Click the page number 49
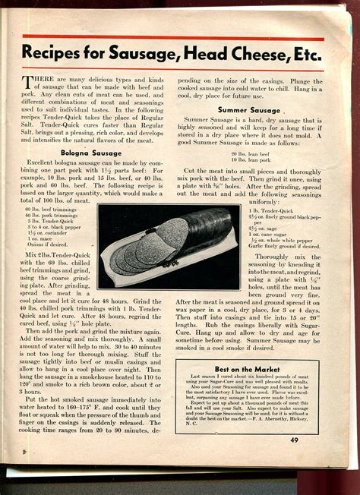[294, 439]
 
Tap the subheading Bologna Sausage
[91, 153]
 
